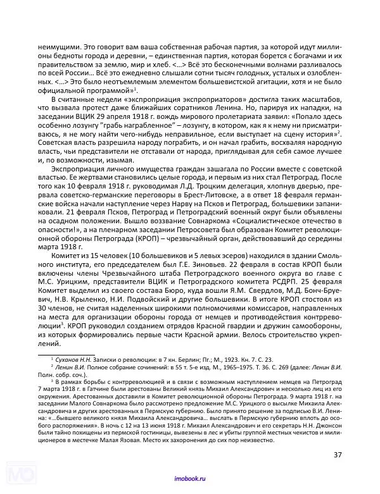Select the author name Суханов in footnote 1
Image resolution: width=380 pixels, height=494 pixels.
[x=68, y=358]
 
